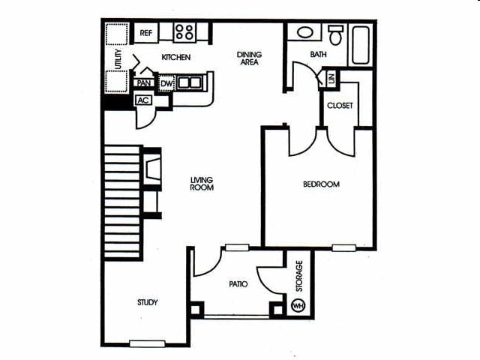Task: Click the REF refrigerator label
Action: click(145, 33)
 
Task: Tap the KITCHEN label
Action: click(176, 58)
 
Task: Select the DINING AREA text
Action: click(248, 58)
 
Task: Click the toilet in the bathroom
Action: click(336, 34)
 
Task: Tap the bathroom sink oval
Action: click(305, 33)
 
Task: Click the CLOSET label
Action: click(339, 106)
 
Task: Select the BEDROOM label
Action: click(321, 184)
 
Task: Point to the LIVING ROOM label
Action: click(202, 184)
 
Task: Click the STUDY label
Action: click(147, 303)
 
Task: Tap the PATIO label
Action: click(239, 284)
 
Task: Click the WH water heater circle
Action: click(297, 307)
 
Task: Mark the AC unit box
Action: click(142, 100)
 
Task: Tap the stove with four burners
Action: click(185, 32)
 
